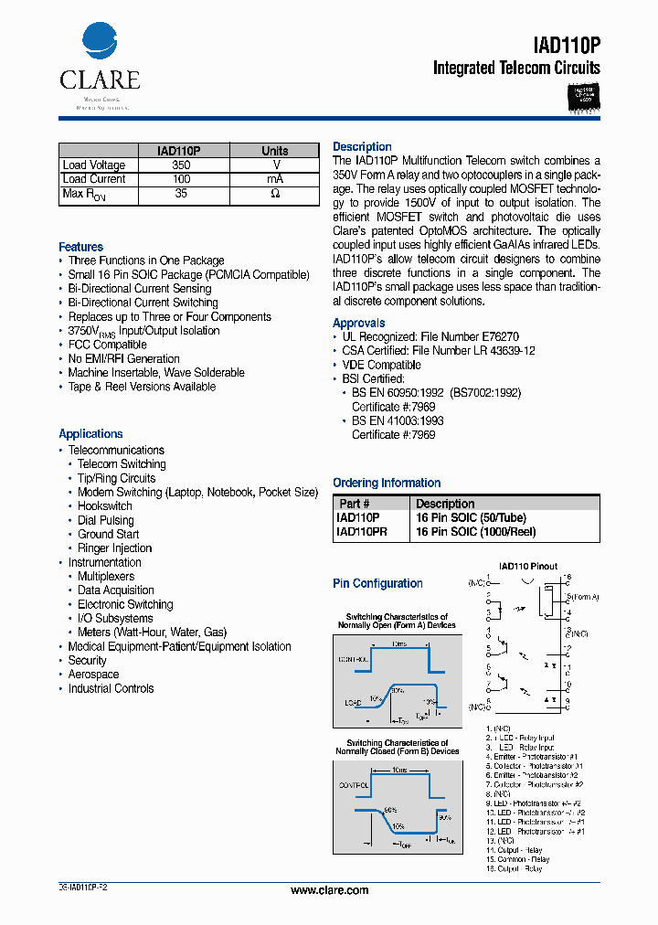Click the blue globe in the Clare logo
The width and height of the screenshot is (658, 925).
click(x=100, y=43)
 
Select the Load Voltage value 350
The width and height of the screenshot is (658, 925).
click(x=181, y=165)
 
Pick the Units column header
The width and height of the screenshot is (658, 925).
click(x=275, y=151)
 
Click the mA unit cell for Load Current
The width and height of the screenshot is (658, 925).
click(x=275, y=179)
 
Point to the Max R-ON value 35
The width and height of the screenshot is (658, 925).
click(x=181, y=194)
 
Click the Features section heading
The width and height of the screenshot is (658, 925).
click(x=81, y=247)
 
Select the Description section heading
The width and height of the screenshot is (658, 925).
click(x=362, y=146)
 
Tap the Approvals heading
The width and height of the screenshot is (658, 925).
click(x=359, y=323)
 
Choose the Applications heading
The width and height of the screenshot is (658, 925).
click(x=90, y=434)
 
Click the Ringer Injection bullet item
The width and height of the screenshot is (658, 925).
click(x=115, y=548)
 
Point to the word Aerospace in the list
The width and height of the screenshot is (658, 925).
click(x=93, y=675)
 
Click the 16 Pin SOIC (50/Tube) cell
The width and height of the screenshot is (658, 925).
click(x=471, y=517)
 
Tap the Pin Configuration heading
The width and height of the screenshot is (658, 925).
click(x=377, y=583)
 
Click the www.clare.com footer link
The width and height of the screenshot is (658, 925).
click(x=329, y=890)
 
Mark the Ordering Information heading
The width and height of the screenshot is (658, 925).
click(x=387, y=483)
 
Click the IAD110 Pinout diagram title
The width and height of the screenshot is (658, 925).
click(x=527, y=567)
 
